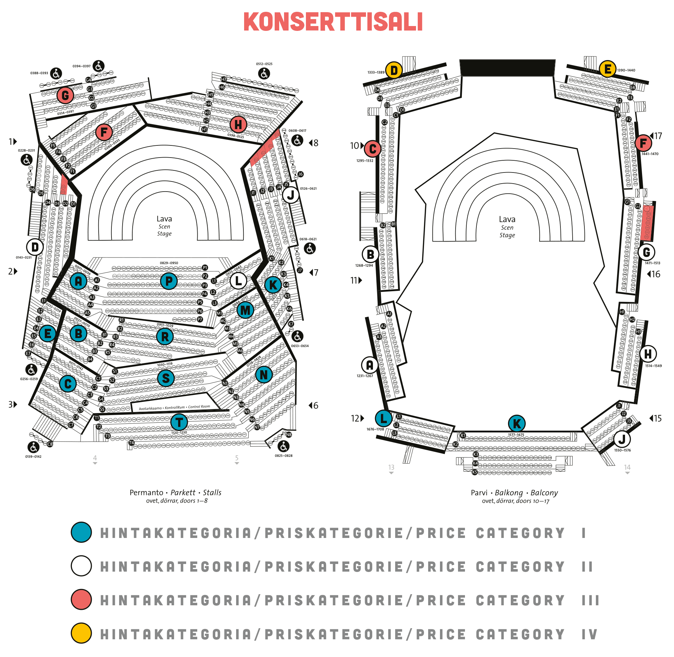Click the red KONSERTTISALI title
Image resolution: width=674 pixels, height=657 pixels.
333,22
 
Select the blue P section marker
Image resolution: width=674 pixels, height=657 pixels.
169,281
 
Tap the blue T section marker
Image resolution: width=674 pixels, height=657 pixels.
179,422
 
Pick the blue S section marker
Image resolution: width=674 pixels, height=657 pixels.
166,378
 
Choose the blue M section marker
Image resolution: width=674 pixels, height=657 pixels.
245,310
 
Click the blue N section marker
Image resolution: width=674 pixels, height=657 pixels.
264,374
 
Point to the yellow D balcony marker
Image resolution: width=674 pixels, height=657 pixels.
394,70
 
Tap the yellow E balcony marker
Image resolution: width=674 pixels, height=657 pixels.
607,69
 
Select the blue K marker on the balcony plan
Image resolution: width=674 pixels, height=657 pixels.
517,423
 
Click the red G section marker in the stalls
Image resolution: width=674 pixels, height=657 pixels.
65,95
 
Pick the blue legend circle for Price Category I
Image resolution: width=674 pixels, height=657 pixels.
81,532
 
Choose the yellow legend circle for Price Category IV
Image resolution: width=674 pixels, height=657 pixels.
81,633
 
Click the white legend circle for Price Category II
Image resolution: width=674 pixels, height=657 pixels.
81,566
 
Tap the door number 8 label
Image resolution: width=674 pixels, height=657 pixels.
315,143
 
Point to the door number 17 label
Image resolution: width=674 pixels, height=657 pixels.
658,136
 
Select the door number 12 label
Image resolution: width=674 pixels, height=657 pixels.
355,418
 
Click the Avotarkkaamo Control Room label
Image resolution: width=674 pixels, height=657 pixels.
174,407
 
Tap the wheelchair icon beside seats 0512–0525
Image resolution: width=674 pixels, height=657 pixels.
264,74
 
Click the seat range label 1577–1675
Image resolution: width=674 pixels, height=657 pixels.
516,435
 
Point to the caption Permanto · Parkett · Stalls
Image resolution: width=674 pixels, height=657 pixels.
175,492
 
